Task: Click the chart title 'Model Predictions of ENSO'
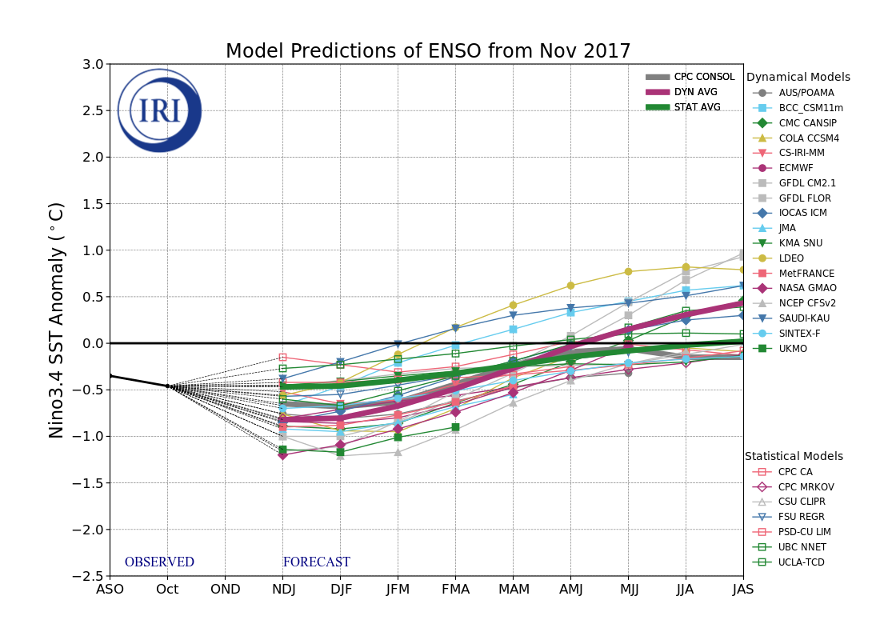point(428,52)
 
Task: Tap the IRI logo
point(159,110)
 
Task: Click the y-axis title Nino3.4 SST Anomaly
point(57,320)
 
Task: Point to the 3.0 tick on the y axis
point(92,64)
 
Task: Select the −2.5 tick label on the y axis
point(89,576)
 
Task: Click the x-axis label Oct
point(167,590)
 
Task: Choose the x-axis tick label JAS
point(742,590)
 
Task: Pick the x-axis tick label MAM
point(513,590)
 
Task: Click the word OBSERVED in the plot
point(159,562)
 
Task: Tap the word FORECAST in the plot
point(316,562)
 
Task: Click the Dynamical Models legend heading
point(798,78)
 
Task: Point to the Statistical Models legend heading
point(794,456)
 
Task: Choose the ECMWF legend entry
point(795,168)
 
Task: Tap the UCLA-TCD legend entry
point(801,562)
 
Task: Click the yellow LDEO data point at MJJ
point(628,272)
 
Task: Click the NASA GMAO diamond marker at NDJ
point(282,454)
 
